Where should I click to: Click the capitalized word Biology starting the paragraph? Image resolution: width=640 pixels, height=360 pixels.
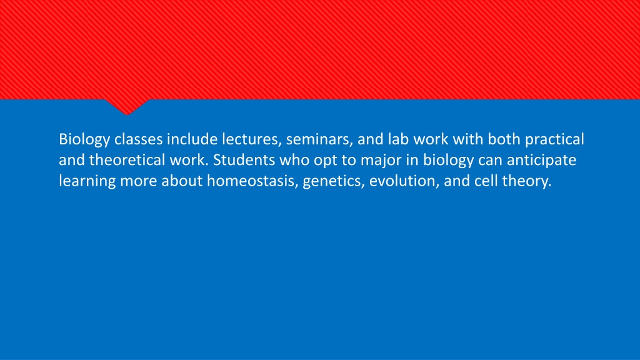[84, 139]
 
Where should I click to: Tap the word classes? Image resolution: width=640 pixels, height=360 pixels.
[138, 139]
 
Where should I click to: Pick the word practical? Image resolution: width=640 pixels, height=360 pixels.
[554, 139]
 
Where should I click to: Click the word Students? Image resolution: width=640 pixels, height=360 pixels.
[244, 160]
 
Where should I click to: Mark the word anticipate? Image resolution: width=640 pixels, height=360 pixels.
[541, 161]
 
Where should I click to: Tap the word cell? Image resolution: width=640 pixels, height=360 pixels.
[486, 181]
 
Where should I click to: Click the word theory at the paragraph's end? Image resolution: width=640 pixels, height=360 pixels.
[526, 181]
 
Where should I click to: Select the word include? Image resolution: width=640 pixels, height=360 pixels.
[192, 139]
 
